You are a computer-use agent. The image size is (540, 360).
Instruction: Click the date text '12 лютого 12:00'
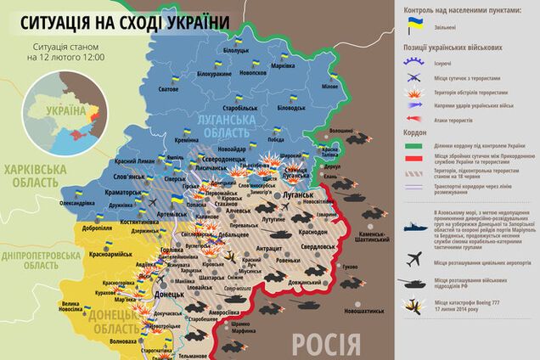[x=70, y=57]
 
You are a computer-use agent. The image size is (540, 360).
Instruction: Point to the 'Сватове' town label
[x=169, y=88]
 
